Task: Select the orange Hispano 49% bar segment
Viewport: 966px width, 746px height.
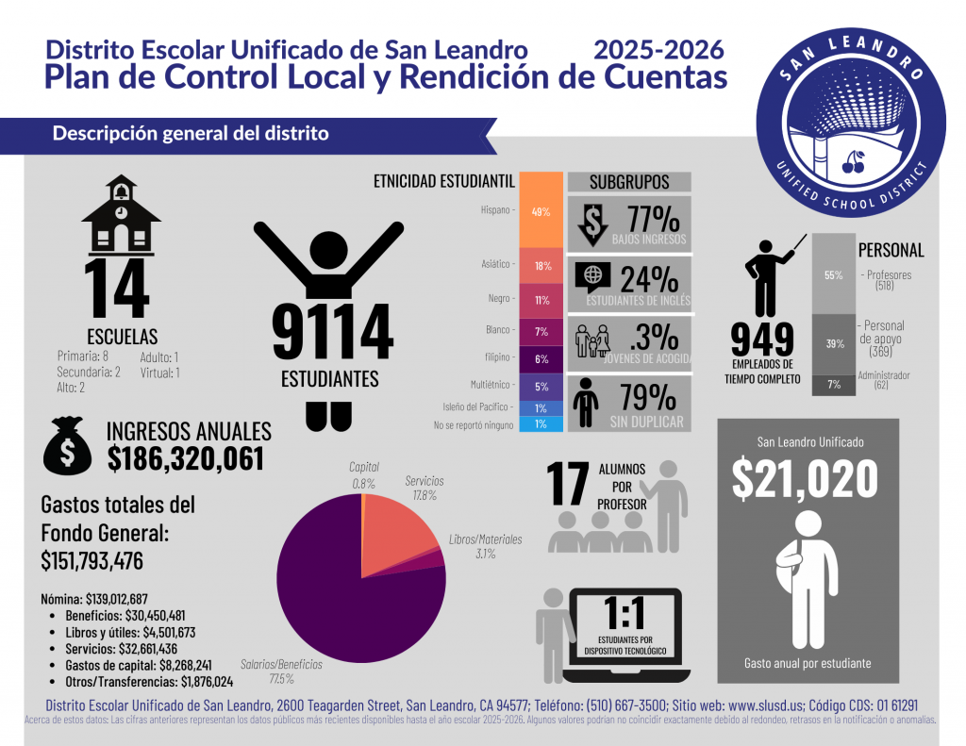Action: point(541,211)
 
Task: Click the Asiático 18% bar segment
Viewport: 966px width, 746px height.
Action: point(541,266)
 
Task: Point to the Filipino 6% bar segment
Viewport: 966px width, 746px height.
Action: point(541,358)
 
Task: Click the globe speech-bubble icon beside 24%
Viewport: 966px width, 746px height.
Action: point(592,276)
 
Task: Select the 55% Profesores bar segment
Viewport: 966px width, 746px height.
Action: point(834,274)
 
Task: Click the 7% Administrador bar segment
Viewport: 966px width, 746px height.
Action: point(834,385)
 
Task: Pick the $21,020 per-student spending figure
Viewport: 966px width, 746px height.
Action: point(806,480)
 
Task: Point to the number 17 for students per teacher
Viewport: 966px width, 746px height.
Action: point(570,483)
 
